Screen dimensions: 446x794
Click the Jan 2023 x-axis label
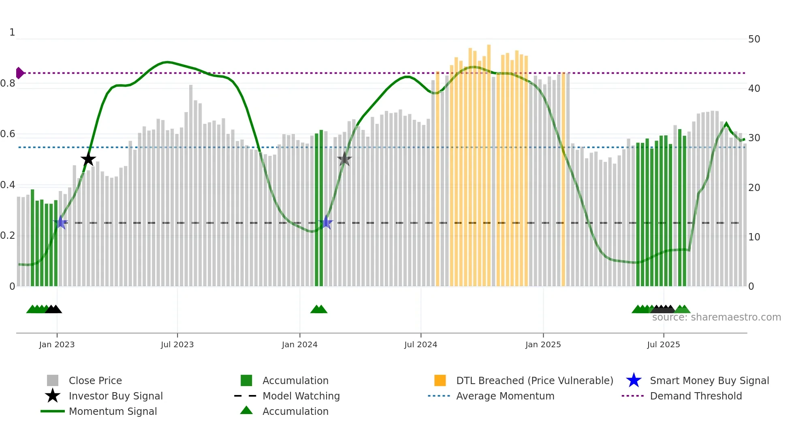pyautogui.click(x=57, y=344)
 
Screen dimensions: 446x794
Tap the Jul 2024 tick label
pyautogui.click(x=420, y=344)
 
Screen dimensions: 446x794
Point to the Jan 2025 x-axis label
pyautogui.click(x=543, y=344)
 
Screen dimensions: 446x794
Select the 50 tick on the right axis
pyautogui.click(x=754, y=39)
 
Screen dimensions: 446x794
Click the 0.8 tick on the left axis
pyautogui.click(x=8, y=83)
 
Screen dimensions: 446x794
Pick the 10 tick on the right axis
pyautogui.click(x=754, y=237)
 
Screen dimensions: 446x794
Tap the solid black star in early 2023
pyautogui.click(x=88, y=159)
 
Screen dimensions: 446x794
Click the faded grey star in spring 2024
pyautogui.click(x=344, y=159)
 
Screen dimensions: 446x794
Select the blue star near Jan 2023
pyautogui.click(x=61, y=222)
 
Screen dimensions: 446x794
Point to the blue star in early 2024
pyautogui.click(x=326, y=222)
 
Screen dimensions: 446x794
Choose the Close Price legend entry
pyautogui.click(x=95, y=380)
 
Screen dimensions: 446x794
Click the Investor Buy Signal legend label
pyautogui.click(x=116, y=396)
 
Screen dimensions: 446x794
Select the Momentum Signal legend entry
pyautogui.click(x=113, y=411)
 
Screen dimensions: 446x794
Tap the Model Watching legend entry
pyautogui.click(x=301, y=396)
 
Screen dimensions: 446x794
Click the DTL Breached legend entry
pyautogui.click(x=534, y=380)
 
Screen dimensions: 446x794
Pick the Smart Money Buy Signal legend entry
pyautogui.click(x=709, y=380)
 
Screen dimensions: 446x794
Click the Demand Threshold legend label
pyautogui.click(x=696, y=396)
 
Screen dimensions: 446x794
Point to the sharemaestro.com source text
pyautogui.click(x=716, y=317)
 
